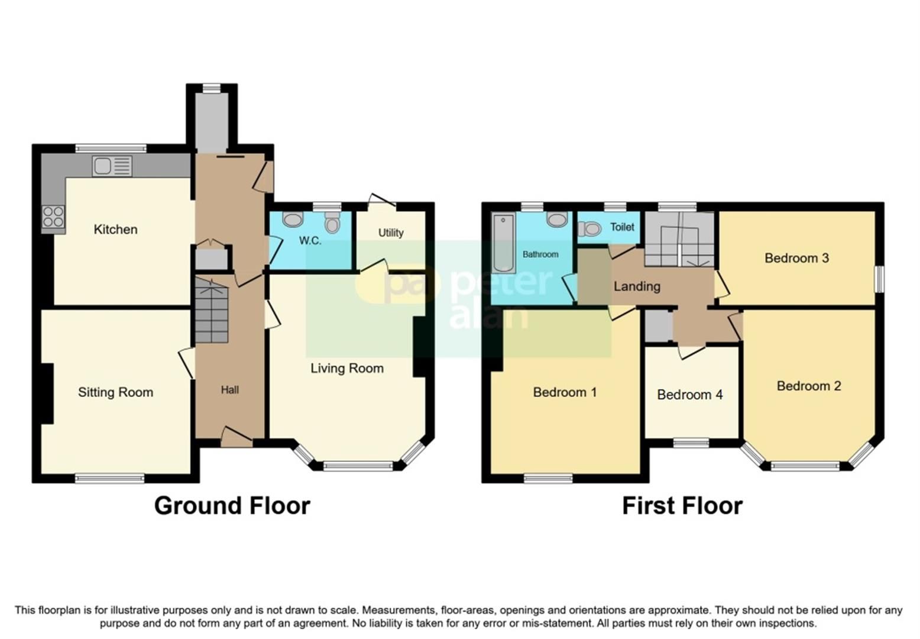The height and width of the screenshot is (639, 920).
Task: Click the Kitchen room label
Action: pyautogui.click(x=115, y=230)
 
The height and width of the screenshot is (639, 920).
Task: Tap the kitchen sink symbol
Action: pyautogui.click(x=112, y=166)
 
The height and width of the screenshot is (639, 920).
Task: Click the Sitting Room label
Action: pyautogui.click(x=115, y=392)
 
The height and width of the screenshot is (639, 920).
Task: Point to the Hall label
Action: pyautogui.click(x=229, y=390)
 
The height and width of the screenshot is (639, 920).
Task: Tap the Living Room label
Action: pyautogui.click(x=347, y=369)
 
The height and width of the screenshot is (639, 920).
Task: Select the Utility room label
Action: pyautogui.click(x=391, y=233)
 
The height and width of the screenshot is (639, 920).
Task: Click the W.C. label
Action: pyautogui.click(x=310, y=241)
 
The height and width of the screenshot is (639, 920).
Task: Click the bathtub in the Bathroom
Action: pyautogui.click(x=503, y=243)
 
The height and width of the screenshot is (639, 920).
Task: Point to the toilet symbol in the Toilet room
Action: pyautogui.click(x=589, y=228)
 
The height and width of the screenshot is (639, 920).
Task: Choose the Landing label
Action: pyautogui.click(x=636, y=286)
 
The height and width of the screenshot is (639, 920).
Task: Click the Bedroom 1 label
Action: pyautogui.click(x=565, y=392)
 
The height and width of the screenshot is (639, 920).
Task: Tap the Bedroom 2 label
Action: pyautogui.click(x=808, y=386)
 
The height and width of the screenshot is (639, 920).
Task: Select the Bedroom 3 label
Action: pyautogui.click(x=796, y=258)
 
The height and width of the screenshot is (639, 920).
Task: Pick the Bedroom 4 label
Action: pyautogui.click(x=689, y=395)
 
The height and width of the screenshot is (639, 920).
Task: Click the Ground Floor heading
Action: pyautogui.click(x=232, y=506)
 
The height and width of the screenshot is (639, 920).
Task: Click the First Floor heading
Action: pyautogui.click(x=682, y=506)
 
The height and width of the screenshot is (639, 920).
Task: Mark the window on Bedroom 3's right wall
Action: pyautogui.click(x=879, y=279)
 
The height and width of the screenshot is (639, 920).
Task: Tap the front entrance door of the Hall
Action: pyautogui.click(x=237, y=438)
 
